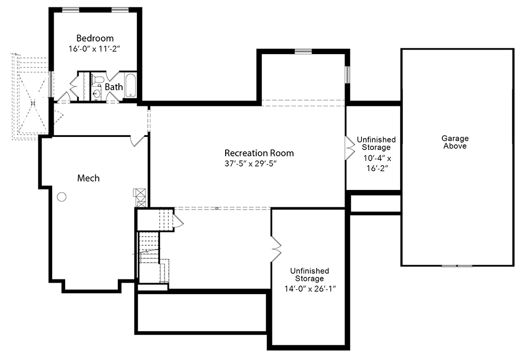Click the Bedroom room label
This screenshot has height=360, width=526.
(x=95, y=38)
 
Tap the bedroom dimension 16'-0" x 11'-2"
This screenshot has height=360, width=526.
(x=94, y=49)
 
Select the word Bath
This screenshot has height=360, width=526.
(x=114, y=87)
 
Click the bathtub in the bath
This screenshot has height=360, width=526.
(x=130, y=86)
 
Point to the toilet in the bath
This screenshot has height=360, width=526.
(x=97, y=79)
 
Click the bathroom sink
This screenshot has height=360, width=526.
(x=97, y=93)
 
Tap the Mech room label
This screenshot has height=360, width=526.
(x=88, y=178)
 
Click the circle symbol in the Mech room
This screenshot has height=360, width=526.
(x=62, y=197)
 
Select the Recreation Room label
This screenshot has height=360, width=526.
(x=259, y=153)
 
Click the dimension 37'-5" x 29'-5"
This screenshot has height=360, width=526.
(x=250, y=164)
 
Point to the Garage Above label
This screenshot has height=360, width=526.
(x=455, y=142)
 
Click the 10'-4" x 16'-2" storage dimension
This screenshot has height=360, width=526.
(x=377, y=163)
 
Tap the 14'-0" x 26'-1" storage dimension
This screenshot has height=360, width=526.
(x=310, y=289)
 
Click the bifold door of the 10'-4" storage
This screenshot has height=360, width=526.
(x=350, y=147)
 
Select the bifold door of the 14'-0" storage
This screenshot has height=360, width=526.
(x=276, y=249)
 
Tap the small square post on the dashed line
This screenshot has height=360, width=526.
(x=217, y=208)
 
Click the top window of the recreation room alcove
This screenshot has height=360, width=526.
(x=304, y=52)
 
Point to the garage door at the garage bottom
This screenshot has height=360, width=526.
(x=457, y=266)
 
